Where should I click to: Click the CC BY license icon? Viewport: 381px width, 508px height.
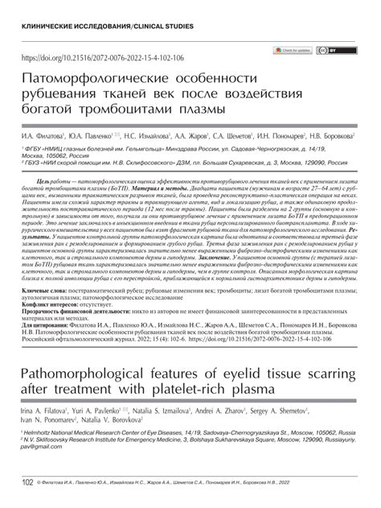(326, 51)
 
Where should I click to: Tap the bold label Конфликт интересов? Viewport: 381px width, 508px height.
(55, 327)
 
